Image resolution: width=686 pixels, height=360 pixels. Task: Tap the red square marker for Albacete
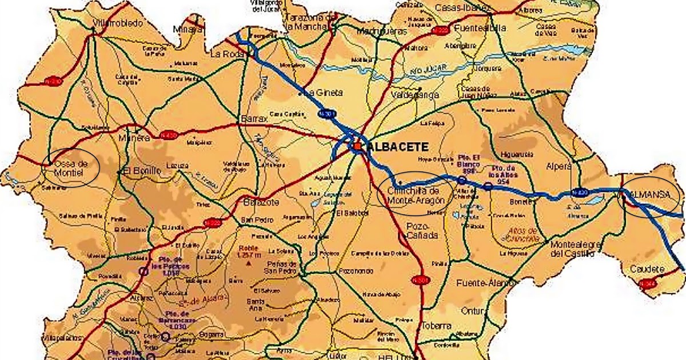[x=357, y=147]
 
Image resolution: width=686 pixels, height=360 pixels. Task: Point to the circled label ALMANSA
[x=649, y=195]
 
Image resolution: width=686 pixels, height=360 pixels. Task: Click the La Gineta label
[x=324, y=92]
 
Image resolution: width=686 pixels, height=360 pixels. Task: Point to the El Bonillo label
[x=139, y=170]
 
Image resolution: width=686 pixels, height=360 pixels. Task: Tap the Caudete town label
[x=647, y=269]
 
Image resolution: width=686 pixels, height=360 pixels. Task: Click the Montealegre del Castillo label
[x=575, y=249]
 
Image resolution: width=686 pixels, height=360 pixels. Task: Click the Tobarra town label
[x=437, y=326]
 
